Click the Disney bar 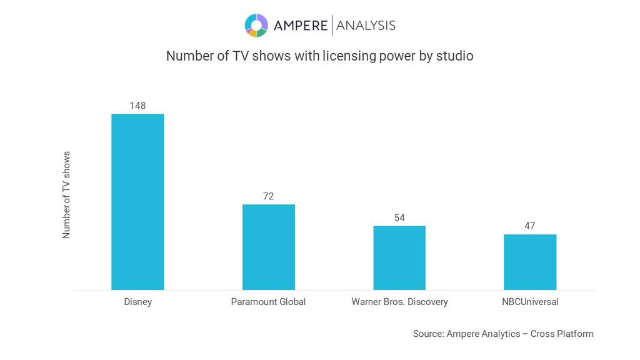[137, 202]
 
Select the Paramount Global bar [268, 247]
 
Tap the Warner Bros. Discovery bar [399, 257]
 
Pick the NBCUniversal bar [530, 262]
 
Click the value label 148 [137, 106]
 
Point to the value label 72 [268, 196]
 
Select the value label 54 [399, 217]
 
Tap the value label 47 [530, 226]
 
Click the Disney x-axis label [137, 302]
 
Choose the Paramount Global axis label [268, 302]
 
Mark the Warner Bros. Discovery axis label [399, 302]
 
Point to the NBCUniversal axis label [530, 302]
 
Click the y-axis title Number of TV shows [67, 194]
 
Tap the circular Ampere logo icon [256, 26]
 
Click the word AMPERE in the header [300, 26]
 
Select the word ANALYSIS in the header [366, 26]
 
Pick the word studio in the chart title [456, 56]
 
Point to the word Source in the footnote [427, 334]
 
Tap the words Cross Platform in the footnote [562, 334]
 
